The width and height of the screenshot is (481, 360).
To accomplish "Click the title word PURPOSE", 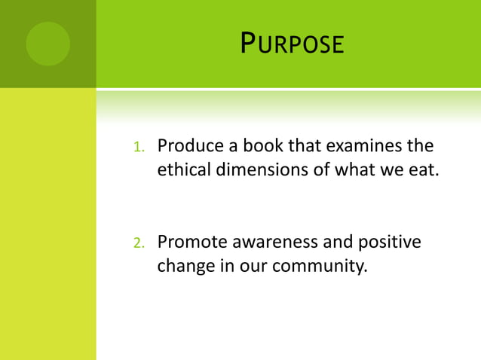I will (292, 44).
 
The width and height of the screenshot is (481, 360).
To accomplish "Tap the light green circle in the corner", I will (47, 44).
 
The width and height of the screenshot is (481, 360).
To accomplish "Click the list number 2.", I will (138, 243).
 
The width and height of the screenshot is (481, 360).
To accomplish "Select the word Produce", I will (188, 145).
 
